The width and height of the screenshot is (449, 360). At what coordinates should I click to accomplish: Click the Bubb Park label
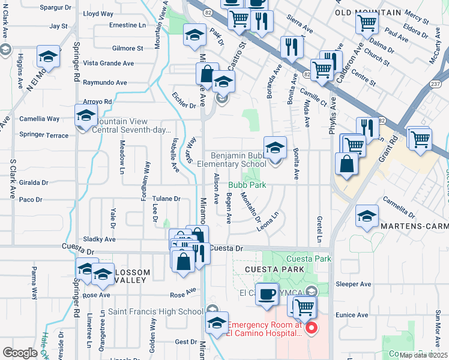tap(247, 185)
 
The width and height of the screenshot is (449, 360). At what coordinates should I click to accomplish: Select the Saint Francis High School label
tap(155, 311)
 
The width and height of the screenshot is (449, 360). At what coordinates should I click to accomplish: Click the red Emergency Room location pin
tap(311, 328)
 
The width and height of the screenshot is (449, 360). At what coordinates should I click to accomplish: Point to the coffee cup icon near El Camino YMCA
tap(267, 295)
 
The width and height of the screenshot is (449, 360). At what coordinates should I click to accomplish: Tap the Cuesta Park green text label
tap(300, 259)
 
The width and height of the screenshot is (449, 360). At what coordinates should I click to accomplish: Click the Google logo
tap(20, 352)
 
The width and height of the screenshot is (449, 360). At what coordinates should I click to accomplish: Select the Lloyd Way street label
tap(98, 13)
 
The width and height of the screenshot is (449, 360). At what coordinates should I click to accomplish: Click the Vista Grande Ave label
tap(108, 63)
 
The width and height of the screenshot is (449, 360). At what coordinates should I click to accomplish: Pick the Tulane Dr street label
tap(166, 199)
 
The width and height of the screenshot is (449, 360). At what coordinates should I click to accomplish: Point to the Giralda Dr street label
tap(33, 182)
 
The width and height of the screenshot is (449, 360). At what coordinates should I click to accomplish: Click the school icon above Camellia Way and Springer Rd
tap(86, 115)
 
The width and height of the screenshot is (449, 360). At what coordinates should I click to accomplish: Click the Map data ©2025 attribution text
tap(423, 355)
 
